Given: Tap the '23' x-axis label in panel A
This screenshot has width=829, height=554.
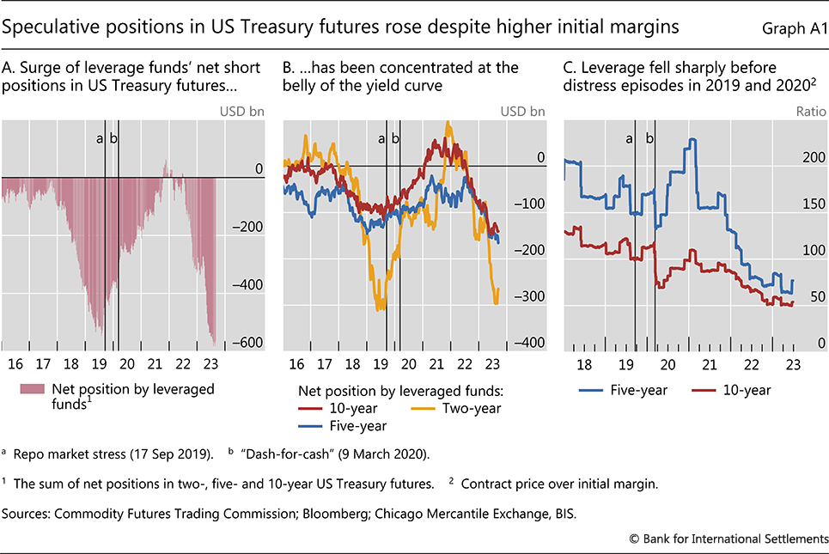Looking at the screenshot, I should (x=209, y=363).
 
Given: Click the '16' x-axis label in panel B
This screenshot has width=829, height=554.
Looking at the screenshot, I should (x=296, y=363).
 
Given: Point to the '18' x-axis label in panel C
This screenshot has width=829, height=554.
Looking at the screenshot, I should (x=584, y=363).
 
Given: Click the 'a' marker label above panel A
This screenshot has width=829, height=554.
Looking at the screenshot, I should (x=101, y=138).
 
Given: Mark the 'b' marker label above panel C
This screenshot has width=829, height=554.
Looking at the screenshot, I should (x=649, y=138).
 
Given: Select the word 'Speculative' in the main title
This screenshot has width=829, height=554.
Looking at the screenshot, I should (x=51, y=27).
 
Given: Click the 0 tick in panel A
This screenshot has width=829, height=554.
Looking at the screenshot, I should (x=259, y=169).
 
